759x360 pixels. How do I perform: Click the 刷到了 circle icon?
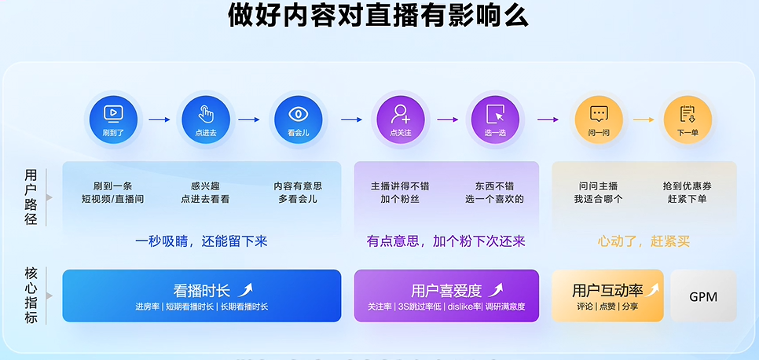(x=113, y=119)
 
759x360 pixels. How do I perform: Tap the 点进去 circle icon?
(x=206, y=119)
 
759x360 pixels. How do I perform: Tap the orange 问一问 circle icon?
(x=599, y=119)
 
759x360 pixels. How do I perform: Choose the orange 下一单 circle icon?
(x=687, y=119)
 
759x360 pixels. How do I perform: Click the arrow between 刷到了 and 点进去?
(x=159, y=119)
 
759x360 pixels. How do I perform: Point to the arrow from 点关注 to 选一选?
(x=448, y=119)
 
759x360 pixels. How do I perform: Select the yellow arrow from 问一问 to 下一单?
(x=643, y=119)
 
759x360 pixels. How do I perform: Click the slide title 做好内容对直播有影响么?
(x=379, y=16)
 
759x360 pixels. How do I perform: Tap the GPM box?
(x=703, y=296)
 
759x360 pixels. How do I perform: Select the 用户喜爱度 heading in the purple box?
(x=446, y=291)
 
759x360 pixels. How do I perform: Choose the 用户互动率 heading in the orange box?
(x=607, y=291)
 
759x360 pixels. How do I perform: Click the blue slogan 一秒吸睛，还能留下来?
(x=201, y=241)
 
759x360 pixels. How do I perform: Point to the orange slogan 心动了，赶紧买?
(x=643, y=241)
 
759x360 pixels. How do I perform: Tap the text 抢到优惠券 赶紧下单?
(x=687, y=193)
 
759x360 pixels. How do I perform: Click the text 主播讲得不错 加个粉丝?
(x=400, y=193)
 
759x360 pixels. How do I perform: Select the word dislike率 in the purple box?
(x=464, y=307)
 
